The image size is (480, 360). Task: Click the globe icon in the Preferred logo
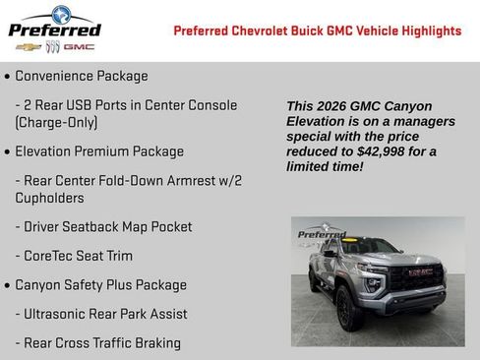tap(61, 15)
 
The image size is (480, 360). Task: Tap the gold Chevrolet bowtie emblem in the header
tap(29, 47)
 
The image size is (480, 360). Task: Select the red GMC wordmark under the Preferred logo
tap(79, 47)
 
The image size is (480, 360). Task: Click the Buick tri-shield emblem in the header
tap(53, 47)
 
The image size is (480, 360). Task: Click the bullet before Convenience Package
tap(8, 77)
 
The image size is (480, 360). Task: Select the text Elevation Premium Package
tap(99, 151)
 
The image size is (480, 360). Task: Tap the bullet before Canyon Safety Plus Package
tap(8, 286)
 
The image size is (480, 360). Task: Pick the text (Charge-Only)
tap(56, 123)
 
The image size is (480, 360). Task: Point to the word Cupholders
tap(49, 198)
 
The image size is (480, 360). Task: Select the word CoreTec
tap(52, 256)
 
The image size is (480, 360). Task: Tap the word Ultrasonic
tap(57, 314)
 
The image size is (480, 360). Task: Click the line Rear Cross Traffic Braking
tap(97, 342)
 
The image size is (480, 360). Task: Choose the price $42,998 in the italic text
tap(373, 151)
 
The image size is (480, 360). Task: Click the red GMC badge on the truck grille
tap(421, 271)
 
